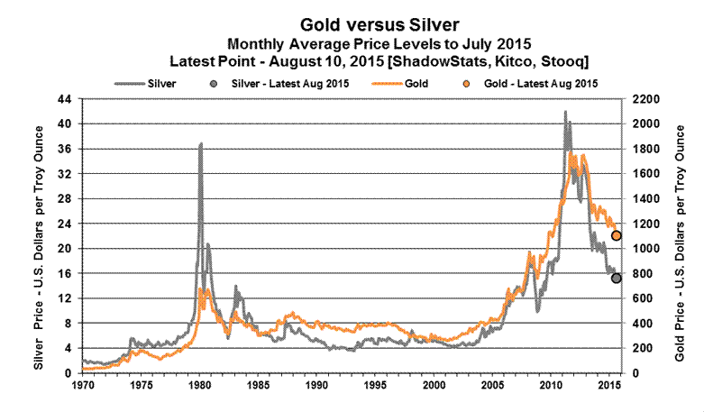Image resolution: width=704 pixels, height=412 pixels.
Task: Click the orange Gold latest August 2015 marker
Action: click(x=617, y=236)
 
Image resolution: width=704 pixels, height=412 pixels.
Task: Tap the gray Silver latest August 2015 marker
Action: click(x=617, y=279)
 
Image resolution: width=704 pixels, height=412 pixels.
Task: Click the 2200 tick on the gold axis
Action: click(x=644, y=99)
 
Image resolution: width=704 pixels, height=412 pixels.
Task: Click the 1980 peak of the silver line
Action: click(x=200, y=143)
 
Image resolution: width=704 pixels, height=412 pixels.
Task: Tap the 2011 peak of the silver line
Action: click(x=565, y=112)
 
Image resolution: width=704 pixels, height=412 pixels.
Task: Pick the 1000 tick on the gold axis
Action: click(x=644, y=249)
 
